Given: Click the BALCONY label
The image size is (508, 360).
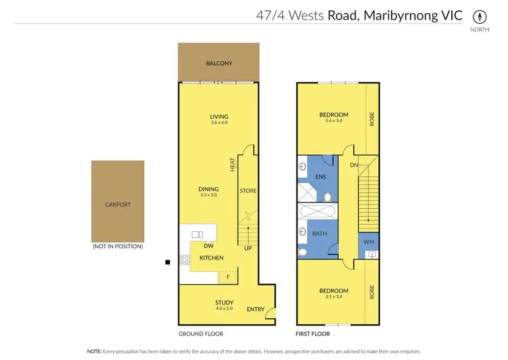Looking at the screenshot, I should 219,64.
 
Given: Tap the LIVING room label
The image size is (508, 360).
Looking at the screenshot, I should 219,117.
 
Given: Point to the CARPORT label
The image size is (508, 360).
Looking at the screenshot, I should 118,204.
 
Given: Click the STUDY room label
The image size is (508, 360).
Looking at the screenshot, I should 224,302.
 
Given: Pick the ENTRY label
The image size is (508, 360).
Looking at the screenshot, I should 255,309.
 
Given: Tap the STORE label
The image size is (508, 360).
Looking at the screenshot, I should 248,191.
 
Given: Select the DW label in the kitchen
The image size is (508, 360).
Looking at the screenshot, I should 207,246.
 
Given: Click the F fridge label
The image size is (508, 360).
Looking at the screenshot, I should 228,277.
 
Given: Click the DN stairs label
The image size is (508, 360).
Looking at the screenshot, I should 353,165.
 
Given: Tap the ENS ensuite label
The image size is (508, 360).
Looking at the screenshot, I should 320,177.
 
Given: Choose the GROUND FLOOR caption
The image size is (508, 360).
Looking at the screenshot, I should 200,334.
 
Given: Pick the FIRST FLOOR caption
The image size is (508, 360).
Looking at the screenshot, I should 313,334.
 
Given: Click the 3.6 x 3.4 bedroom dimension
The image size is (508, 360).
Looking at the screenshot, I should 334,122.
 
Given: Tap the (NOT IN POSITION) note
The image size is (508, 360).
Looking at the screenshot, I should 118,246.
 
